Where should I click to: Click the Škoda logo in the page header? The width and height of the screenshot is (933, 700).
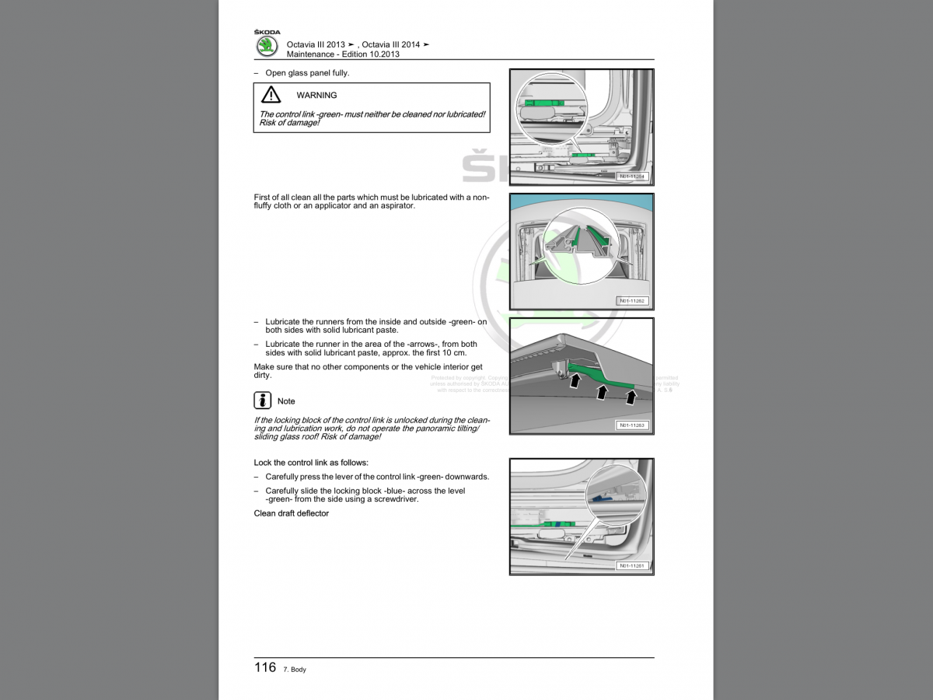(267, 45)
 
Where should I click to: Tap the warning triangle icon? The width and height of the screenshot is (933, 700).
(271, 95)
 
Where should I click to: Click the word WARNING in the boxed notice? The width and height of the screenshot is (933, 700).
(316, 96)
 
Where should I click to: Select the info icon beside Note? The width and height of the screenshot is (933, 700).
(262, 401)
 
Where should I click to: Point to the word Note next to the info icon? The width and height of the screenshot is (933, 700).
(286, 401)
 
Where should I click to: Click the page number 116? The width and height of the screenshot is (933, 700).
(265, 667)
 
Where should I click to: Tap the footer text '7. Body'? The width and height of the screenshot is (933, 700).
(295, 670)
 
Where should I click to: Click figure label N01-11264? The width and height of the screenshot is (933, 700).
(631, 177)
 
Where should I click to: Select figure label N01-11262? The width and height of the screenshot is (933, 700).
(631, 301)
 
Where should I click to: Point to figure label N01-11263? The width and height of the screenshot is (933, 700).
(631, 425)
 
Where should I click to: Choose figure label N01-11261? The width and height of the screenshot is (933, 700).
(631, 565)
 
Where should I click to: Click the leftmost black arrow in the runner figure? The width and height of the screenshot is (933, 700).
(575, 381)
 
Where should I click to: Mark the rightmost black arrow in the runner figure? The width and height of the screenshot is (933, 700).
(631, 396)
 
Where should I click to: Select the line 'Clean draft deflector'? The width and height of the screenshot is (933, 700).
(292, 513)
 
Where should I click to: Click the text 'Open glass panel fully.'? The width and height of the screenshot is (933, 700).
(307, 73)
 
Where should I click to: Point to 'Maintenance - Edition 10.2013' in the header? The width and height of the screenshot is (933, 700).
(343, 54)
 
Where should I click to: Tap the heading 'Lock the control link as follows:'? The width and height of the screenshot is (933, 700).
(311, 463)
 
